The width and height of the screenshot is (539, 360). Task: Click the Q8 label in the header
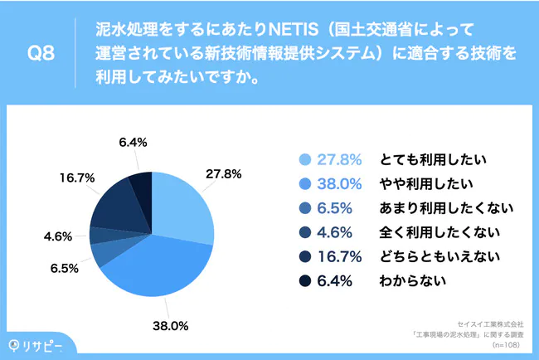click(x=41, y=54)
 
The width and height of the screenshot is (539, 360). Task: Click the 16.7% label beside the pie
click(x=75, y=178)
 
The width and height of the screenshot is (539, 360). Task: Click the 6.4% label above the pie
click(x=133, y=142)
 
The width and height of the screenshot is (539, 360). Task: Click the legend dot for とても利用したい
click(x=303, y=160)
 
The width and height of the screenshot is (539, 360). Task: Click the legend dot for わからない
click(x=303, y=280)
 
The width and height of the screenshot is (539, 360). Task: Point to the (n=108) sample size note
click(x=507, y=343)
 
